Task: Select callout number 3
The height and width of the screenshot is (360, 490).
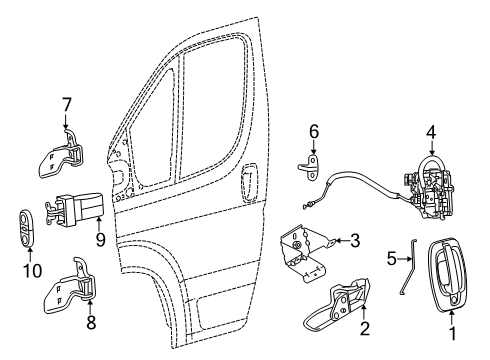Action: click(354, 240)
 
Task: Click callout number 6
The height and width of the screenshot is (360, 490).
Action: click(312, 130)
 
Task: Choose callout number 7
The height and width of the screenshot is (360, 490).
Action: click(67, 105)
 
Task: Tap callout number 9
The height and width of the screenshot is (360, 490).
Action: click(100, 240)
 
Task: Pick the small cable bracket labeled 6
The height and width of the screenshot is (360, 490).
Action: click(310, 164)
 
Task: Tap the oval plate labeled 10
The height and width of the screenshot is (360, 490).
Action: click(25, 225)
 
